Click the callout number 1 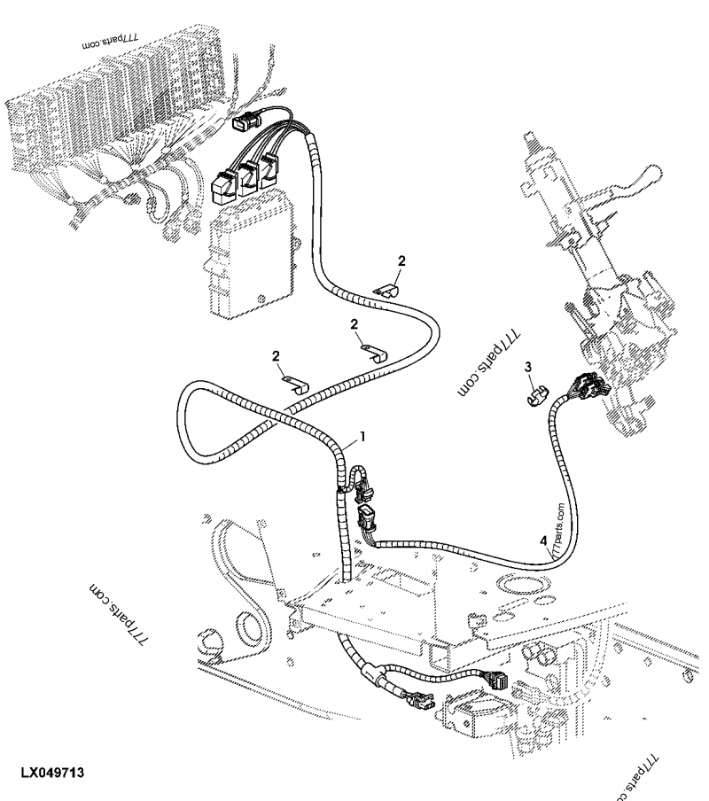[362, 437]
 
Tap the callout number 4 [541, 540]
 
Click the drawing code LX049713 [49, 774]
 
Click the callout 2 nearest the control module [357, 324]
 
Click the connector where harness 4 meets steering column [586, 387]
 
